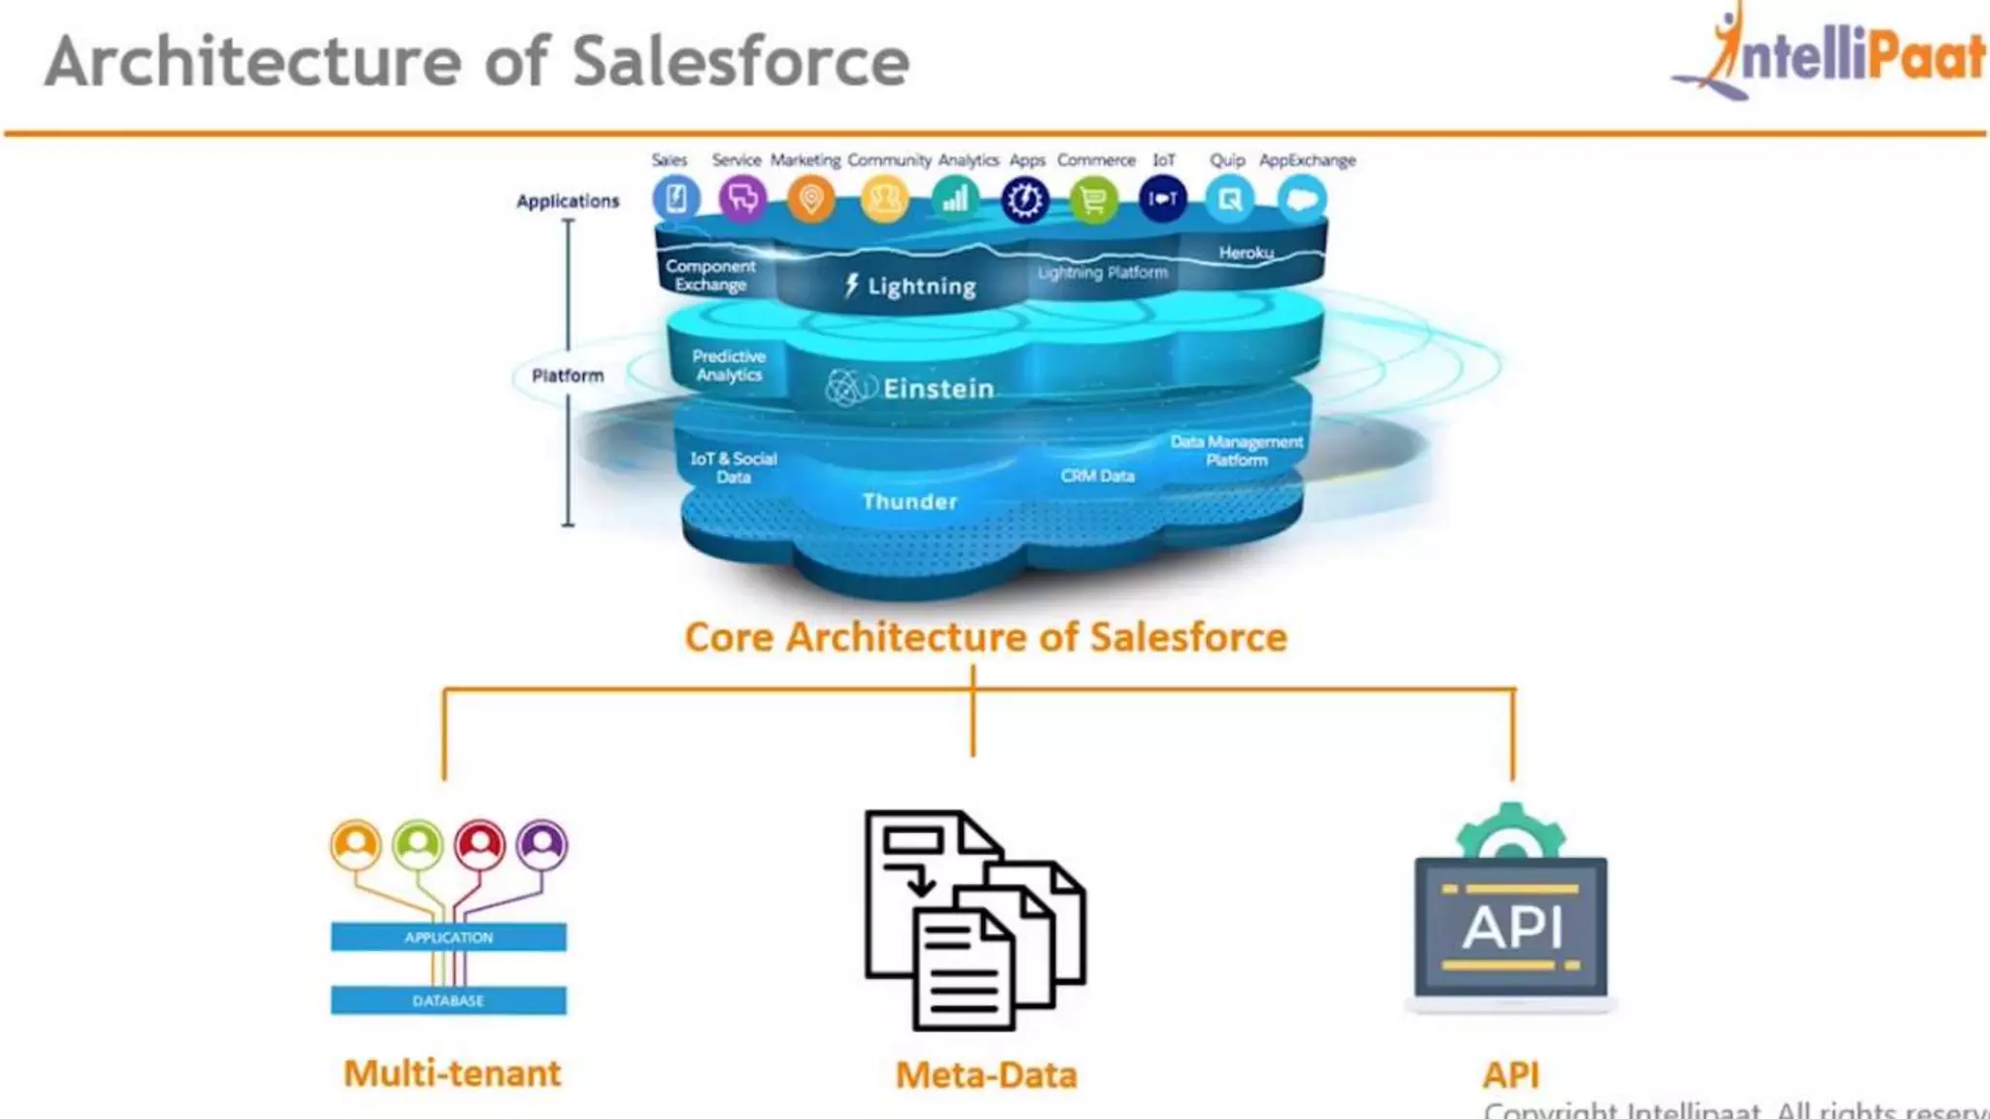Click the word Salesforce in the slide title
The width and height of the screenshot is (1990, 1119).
(x=740, y=62)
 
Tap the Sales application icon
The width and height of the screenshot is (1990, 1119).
(x=676, y=199)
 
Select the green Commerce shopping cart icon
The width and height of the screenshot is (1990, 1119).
(x=1093, y=200)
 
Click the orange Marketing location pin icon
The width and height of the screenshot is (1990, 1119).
(x=810, y=199)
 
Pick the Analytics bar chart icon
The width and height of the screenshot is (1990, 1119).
(x=955, y=199)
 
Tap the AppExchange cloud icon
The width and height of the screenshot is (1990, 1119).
(x=1301, y=200)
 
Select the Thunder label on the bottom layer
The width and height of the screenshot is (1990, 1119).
(x=909, y=501)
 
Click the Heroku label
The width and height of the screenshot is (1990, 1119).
(x=1246, y=253)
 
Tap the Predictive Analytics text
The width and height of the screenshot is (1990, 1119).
(x=729, y=365)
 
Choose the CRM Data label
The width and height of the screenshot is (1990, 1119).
(x=1097, y=476)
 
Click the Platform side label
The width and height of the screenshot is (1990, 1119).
(x=567, y=376)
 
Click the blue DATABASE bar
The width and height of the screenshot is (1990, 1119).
(x=448, y=1000)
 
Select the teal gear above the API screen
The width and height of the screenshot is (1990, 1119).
(x=1510, y=831)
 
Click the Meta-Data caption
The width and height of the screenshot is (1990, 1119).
(x=985, y=1075)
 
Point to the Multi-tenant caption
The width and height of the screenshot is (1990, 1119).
(x=452, y=1073)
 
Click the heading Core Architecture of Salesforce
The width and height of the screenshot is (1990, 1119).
(x=985, y=637)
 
